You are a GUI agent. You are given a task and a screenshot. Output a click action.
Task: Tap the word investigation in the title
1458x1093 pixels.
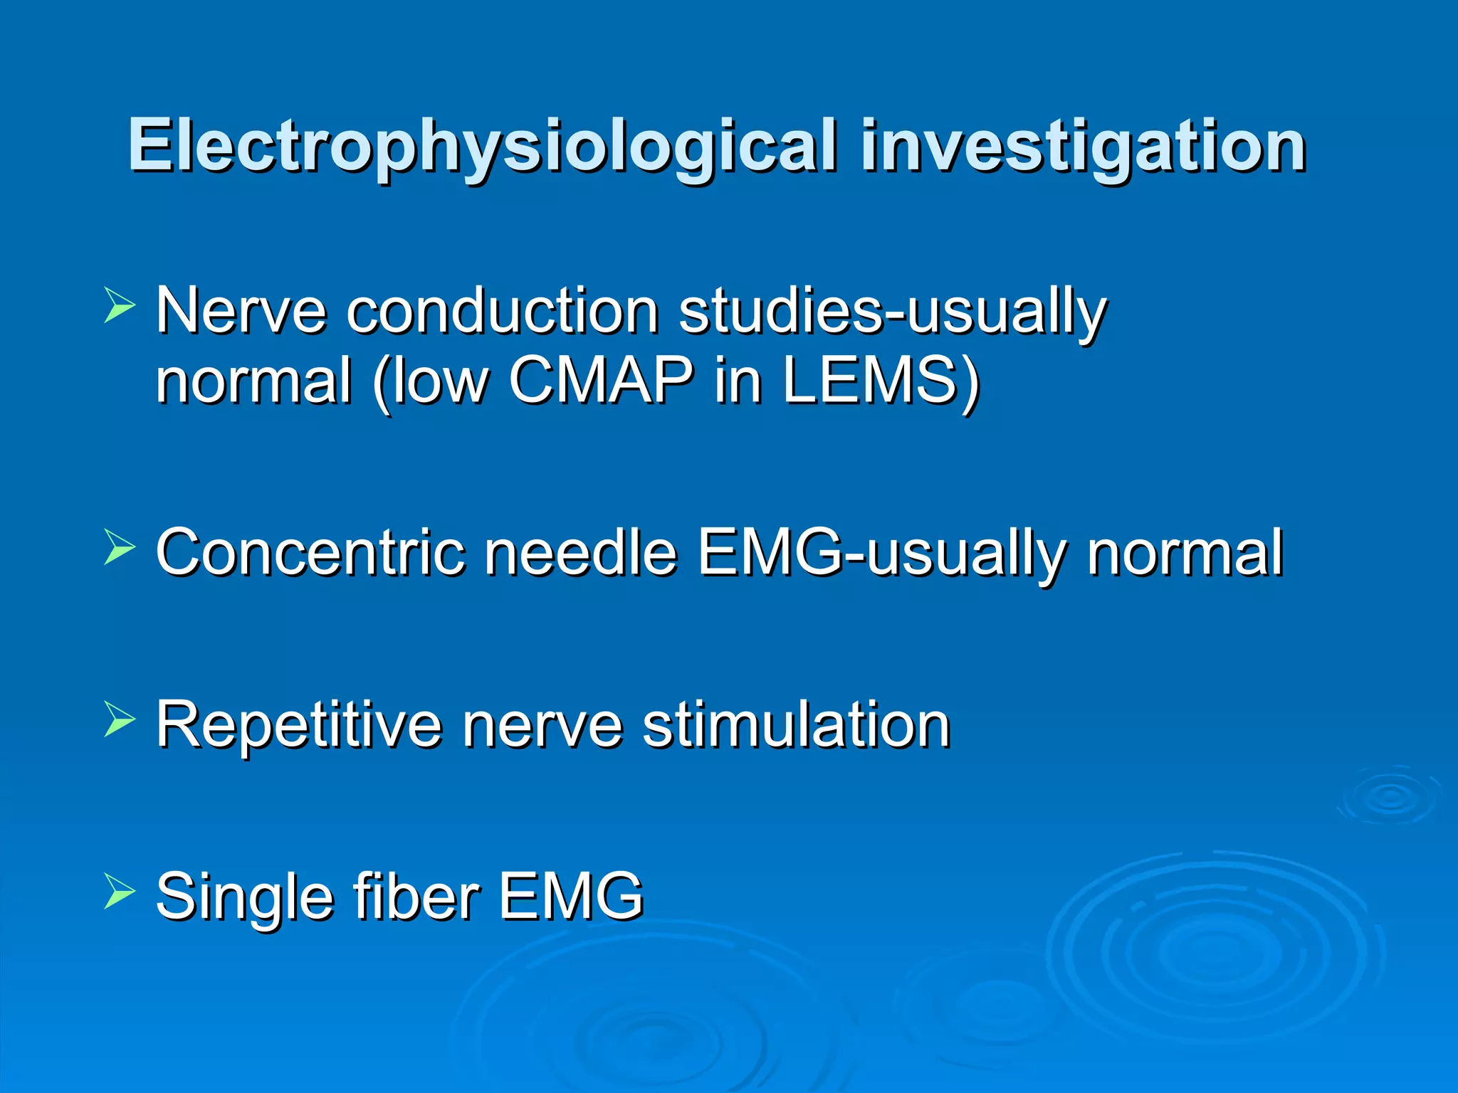1083,147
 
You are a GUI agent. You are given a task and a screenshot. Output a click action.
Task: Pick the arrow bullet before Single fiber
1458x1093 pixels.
119,891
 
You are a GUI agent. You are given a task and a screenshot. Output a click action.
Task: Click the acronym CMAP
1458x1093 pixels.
601,380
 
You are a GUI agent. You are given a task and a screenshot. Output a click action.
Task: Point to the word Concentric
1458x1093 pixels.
310,552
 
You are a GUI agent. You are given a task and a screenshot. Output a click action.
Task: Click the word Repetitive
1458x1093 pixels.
298,724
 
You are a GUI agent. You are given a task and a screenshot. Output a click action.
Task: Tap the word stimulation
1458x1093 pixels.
796,724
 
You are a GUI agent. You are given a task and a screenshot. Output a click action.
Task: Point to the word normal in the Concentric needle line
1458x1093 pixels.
1185,552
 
